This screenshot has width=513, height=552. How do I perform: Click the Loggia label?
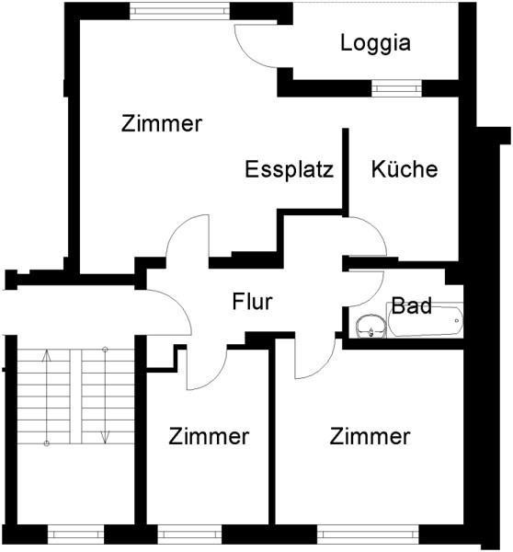point(375,43)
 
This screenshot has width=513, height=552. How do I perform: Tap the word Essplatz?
point(290,169)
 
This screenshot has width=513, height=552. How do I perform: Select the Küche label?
point(405,169)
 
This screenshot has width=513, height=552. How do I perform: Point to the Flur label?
point(252,302)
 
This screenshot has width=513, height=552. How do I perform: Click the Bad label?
point(411,305)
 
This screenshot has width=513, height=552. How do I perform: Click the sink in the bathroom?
point(367,326)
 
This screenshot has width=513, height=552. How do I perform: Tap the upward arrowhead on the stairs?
point(47,355)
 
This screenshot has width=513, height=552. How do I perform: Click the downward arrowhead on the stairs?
point(105,437)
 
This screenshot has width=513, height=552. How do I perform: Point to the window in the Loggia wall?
point(396,88)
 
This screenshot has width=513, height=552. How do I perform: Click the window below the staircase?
point(75,535)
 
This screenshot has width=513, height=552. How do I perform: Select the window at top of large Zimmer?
point(179,10)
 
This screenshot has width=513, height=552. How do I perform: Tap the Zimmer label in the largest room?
point(162,124)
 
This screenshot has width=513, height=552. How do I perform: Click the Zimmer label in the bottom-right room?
point(370,436)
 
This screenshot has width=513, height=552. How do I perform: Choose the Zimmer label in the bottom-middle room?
point(209,436)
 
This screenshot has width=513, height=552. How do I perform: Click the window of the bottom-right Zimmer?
point(368,535)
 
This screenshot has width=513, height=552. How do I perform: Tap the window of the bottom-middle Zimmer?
point(189,535)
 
